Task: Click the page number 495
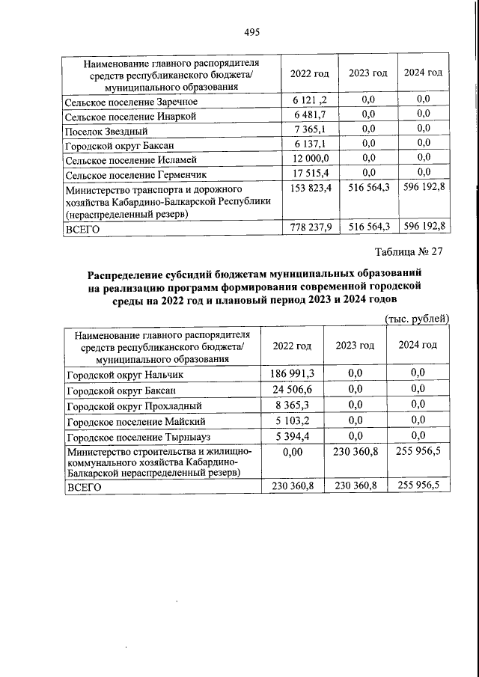pos(251,32)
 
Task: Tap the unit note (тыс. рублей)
pos(416,318)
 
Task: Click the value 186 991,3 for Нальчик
pos(293,373)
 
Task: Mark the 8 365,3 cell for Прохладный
pos(293,405)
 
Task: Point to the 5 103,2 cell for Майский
pos(293,420)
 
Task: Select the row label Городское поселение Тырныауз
pos(135,436)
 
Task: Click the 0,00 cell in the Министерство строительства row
pos(293,451)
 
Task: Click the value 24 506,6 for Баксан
pos(293,389)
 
